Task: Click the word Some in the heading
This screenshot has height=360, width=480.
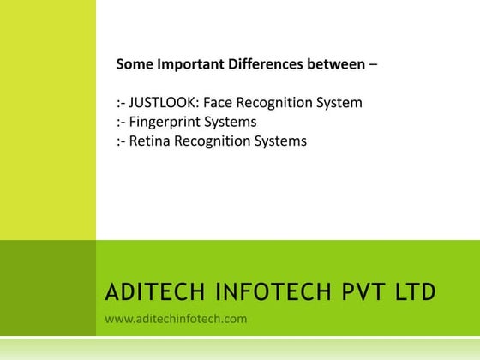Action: coord(135,63)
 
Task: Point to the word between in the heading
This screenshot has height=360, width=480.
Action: coord(335,63)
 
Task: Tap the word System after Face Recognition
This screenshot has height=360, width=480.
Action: coord(339,103)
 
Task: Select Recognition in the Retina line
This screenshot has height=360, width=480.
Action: coord(213,141)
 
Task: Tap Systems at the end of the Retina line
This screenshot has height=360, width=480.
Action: coord(279,141)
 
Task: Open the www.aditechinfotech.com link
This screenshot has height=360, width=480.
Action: coord(176,319)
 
